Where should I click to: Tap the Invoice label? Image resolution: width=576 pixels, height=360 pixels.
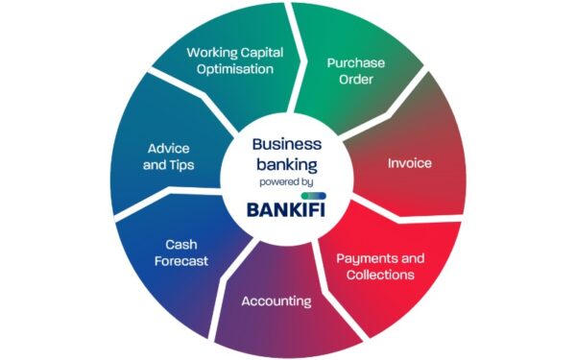point(409,162)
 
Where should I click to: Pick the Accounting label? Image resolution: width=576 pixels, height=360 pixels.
point(276,301)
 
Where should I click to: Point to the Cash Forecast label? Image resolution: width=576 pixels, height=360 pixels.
point(186,252)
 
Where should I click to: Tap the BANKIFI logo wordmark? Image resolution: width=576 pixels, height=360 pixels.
point(287,209)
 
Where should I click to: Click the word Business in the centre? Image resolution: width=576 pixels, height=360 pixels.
point(286,144)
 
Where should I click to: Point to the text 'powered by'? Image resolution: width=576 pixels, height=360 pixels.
point(286,181)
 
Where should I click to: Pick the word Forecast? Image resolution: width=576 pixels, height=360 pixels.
point(186,260)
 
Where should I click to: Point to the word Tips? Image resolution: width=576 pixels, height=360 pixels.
point(180,165)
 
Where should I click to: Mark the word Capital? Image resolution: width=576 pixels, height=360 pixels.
point(256,52)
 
